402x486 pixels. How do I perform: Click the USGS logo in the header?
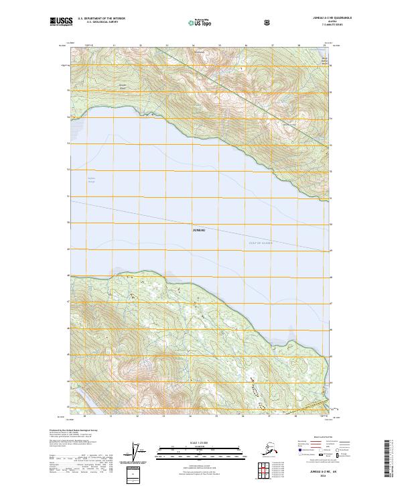click(60, 22)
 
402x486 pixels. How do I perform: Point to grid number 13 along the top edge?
click(166, 45)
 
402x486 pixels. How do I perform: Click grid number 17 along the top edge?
click(272, 45)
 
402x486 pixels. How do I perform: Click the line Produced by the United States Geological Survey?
click(74, 430)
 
